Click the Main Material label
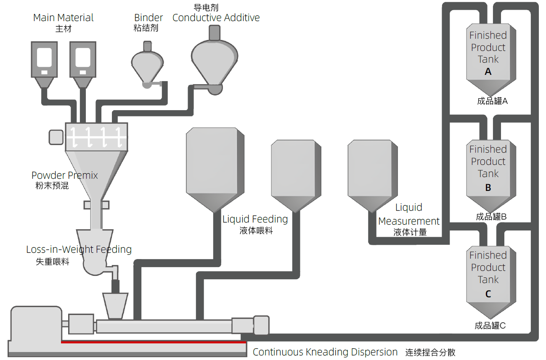(63, 18)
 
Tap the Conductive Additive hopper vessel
(215, 59)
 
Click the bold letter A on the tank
(488, 72)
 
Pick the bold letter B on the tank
(488, 188)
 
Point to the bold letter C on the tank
(488, 294)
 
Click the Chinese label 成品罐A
(492, 101)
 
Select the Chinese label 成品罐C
(490, 326)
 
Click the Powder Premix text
(64, 175)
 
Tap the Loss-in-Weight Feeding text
(79, 249)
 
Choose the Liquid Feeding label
(255, 219)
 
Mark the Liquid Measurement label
(409, 214)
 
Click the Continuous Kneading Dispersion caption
(325, 352)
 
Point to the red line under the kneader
(154, 342)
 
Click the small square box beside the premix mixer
(56, 137)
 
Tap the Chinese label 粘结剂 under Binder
(146, 28)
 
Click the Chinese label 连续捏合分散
(430, 352)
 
